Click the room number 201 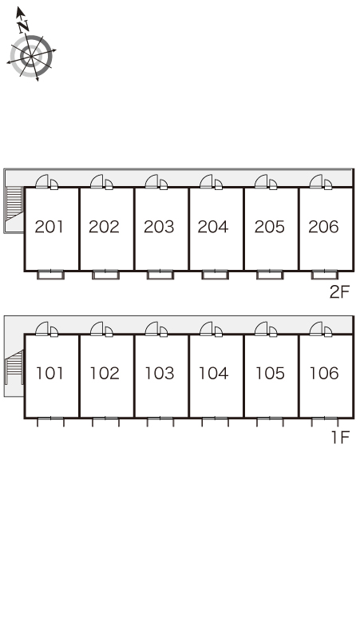tap(49, 227)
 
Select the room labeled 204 tap(213, 227)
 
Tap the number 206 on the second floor tap(323, 227)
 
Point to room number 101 tap(49, 373)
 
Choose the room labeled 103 tap(160, 373)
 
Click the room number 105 tap(270, 373)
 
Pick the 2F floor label tap(339, 292)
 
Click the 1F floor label tap(340, 437)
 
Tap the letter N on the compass tap(24, 26)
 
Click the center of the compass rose tap(31, 56)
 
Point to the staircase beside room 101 tap(14, 366)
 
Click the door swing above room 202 tap(101, 182)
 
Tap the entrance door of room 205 tap(266, 182)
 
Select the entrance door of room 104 tap(211, 329)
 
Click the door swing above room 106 tap(321, 329)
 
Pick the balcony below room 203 tap(160, 275)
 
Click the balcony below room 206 tap(325, 275)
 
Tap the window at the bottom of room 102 tap(105, 418)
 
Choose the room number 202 tap(104, 227)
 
